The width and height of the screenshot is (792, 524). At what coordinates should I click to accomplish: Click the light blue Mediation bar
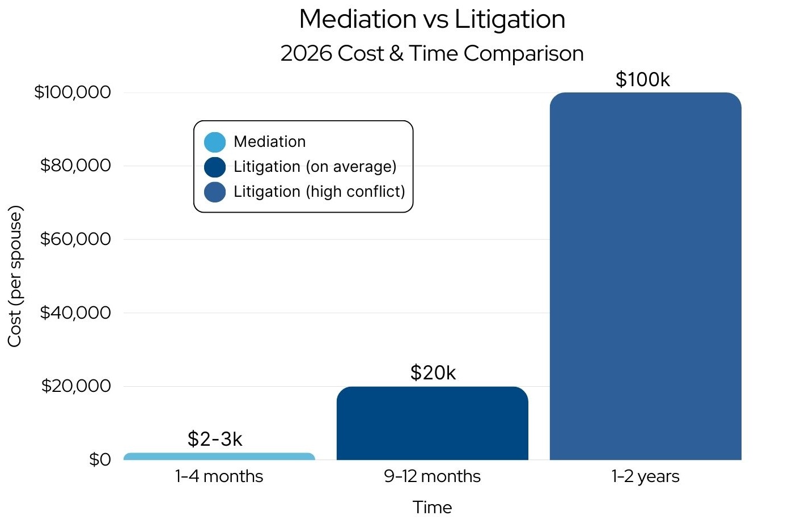click(219, 457)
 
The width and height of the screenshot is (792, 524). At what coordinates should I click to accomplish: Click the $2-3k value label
click(215, 439)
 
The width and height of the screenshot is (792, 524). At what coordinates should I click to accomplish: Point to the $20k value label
click(433, 373)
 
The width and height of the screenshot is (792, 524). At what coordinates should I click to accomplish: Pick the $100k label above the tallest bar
click(642, 79)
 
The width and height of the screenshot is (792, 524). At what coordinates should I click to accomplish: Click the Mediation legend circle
click(215, 142)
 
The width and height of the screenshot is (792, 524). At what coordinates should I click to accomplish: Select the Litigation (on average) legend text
click(315, 167)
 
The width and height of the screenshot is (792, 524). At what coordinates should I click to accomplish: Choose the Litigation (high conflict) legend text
click(319, 192)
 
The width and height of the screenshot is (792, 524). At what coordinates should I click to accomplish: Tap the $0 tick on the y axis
click(100, 459)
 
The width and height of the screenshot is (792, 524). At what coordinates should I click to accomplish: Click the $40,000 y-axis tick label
click(75, 312)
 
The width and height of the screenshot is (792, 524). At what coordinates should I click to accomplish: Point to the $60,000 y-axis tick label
click(75, 239)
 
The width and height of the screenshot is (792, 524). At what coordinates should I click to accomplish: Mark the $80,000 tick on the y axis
click(75, 166)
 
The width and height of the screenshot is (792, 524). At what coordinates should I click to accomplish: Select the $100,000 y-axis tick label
click(73, 92)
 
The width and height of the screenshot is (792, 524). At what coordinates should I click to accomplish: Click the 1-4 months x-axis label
click(219, 476)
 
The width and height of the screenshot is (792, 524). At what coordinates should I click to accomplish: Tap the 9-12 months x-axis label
click(432, 476)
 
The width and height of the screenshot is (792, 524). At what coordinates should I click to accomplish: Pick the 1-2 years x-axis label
click(645, 476)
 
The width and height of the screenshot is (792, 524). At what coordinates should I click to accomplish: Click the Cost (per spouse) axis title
click(15, 276)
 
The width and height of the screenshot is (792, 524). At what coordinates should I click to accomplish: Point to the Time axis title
click(432, 508)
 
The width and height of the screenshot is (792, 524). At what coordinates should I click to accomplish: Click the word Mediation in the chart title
click(358, 19)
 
